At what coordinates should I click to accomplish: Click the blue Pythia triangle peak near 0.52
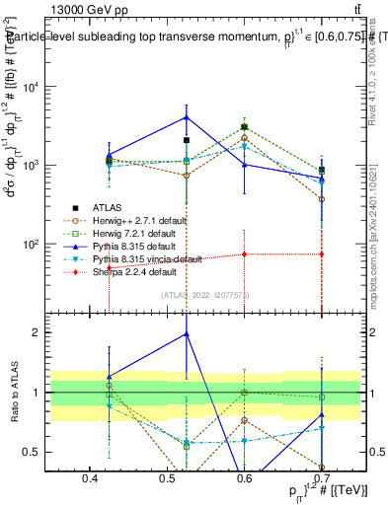tap(186, 117)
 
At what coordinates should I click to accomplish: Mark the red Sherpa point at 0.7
tap(323, 254)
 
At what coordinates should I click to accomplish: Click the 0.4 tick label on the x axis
tap(90, 479)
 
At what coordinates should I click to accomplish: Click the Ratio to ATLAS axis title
tap(14, 393)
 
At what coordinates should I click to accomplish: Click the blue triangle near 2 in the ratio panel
tap(186, 334)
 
